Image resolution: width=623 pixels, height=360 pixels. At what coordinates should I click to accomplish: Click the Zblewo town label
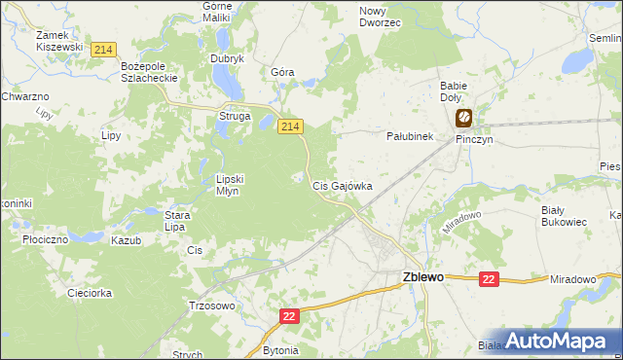pyautogui.click(x=422, y=276)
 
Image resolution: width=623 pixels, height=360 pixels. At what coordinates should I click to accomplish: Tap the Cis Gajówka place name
pyautogui.click(x=342, y=185)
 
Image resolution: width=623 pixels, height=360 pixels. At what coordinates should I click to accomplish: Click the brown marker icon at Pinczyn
pyautogui.click(x=463, y=119)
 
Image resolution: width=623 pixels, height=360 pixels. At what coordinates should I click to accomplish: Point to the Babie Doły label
pyautogui.click(x=454, y=91)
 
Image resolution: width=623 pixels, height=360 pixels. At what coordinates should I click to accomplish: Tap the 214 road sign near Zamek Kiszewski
pyautogui.click(x=102, y=49)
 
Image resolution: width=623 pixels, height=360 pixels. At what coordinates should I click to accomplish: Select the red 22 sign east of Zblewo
pyautogui.click(x=489, y=279)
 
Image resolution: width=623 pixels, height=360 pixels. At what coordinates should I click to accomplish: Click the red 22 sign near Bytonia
pyautogui.click(x=289, y=316)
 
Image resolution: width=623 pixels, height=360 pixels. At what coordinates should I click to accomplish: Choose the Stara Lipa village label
pyautogui.click(x=175, y=221)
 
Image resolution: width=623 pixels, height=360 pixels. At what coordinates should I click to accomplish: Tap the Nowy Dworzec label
pyautogui.click(x=380, y=16)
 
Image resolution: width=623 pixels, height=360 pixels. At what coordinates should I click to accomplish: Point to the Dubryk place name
pyautogui.click(x=227, y=58)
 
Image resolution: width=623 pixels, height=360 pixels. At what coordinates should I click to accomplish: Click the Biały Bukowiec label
pyautogui.click(x=564, y=215)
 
